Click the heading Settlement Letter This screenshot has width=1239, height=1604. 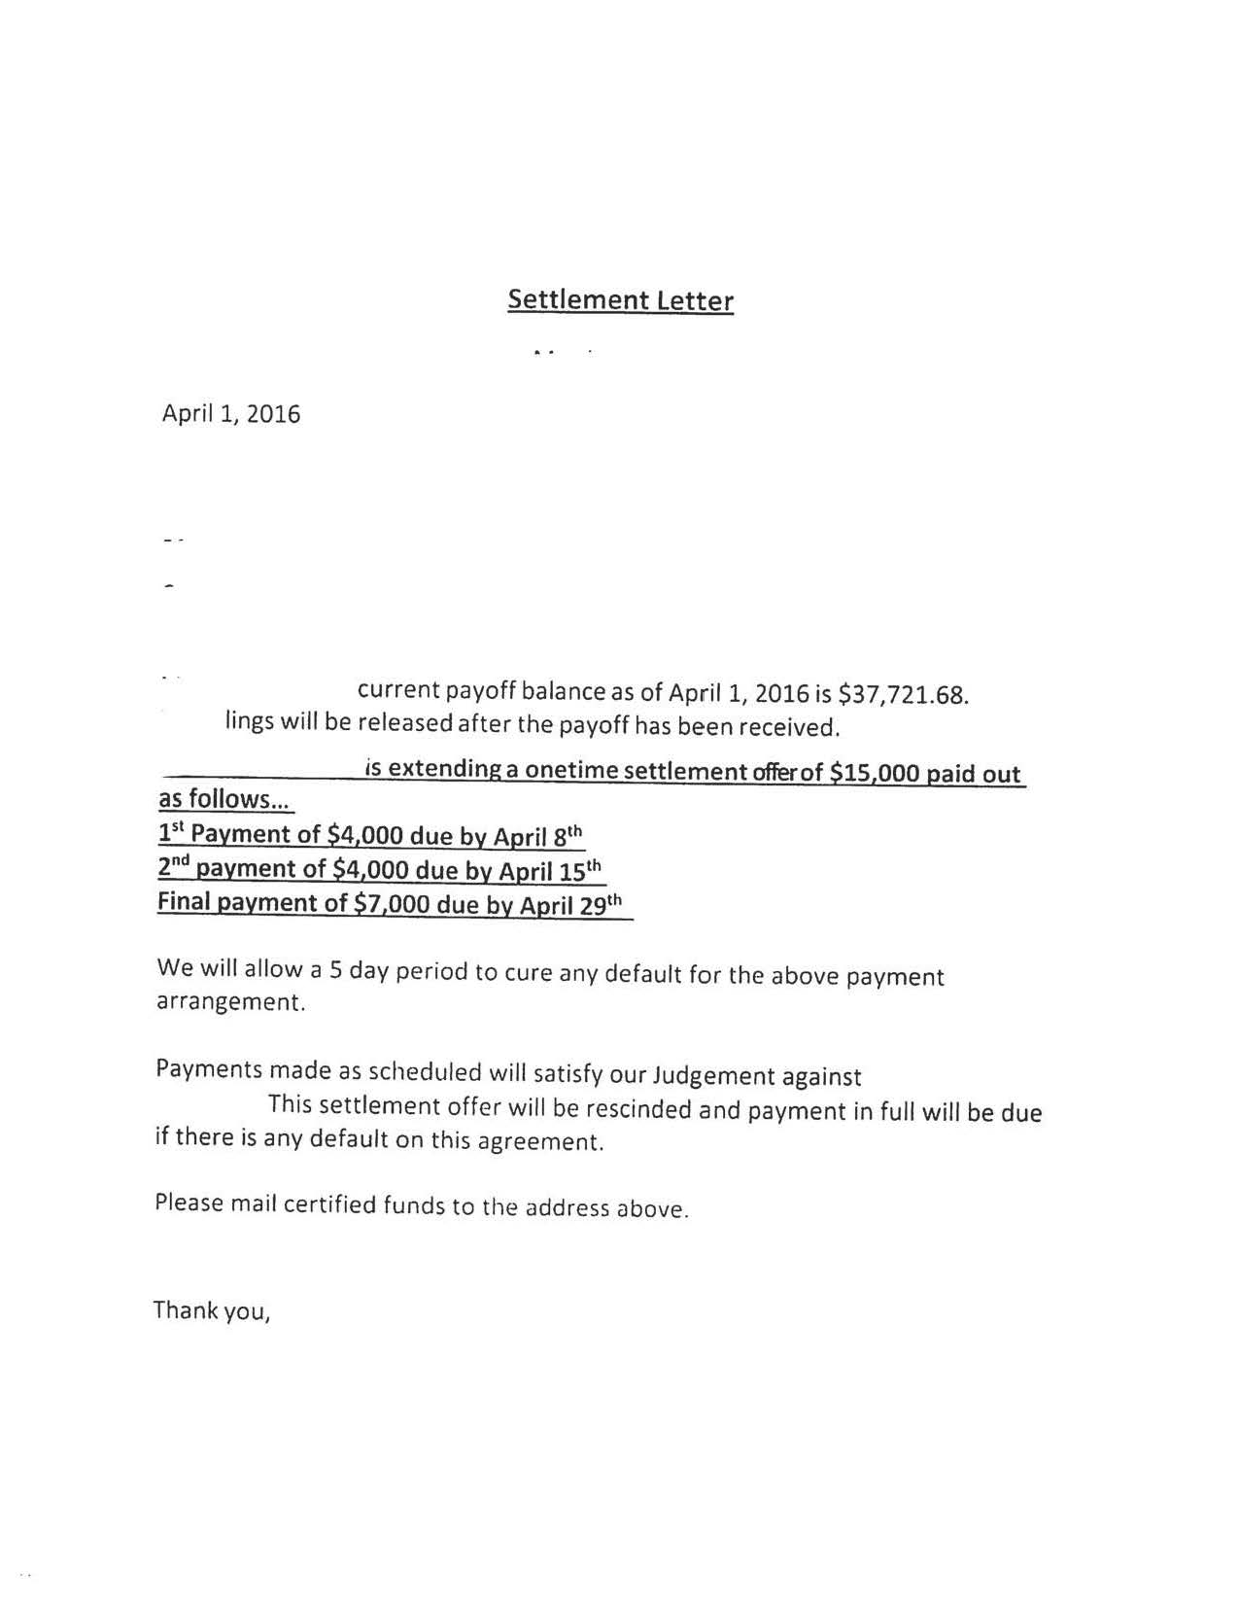[620, 299]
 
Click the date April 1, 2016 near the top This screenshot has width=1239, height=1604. [231, 414]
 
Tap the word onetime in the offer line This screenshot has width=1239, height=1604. [570, 771]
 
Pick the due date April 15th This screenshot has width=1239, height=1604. [551, 870]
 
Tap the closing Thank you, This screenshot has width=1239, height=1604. [211, 1311]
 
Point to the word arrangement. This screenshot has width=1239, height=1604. [230, 1002]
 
